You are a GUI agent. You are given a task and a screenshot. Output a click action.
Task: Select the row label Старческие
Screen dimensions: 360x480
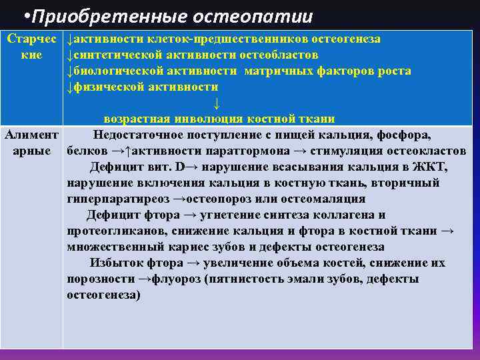[33, 47]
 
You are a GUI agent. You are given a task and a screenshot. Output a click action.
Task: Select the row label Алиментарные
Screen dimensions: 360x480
[33, 143]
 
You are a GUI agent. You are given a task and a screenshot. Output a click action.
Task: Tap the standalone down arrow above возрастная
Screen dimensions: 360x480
[215, 103]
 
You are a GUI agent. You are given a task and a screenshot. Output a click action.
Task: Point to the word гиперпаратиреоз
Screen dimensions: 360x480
[117, 199]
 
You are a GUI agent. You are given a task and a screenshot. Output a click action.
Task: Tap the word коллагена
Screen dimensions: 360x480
[347, 215]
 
